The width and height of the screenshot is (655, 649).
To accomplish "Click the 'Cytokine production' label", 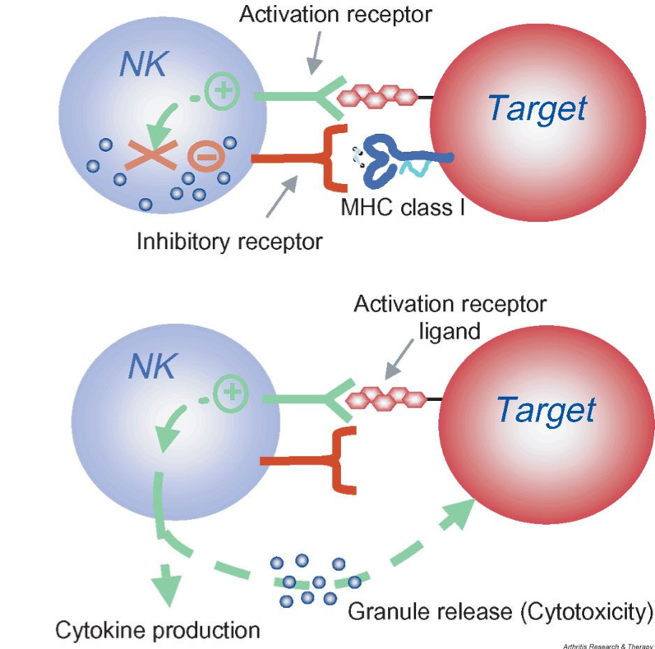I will tap(157, 630).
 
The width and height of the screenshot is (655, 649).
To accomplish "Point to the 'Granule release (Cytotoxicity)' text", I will tap(500, 611).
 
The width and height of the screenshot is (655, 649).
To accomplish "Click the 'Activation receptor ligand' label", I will tap(450, 316).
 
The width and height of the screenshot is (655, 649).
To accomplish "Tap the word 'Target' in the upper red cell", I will tap(537, 108).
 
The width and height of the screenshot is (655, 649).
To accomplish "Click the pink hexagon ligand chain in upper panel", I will tap(381, 97).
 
